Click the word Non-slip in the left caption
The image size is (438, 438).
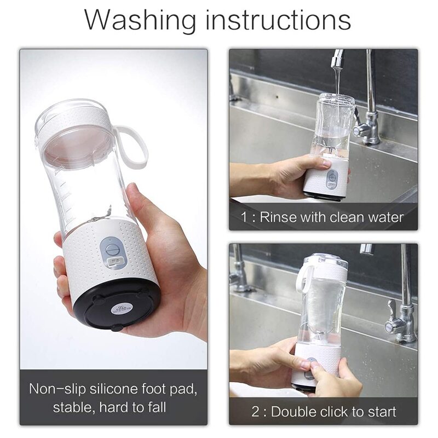(57, 389)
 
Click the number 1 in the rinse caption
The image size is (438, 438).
(244, 217)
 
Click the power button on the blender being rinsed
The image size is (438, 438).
(332, 176)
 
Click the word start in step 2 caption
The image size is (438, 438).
(382, 412)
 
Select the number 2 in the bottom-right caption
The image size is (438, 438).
(256, 412)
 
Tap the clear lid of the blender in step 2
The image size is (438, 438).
(326, 260)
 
